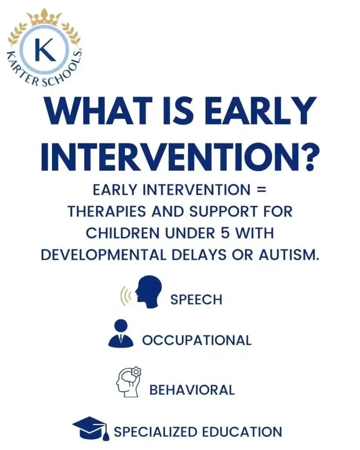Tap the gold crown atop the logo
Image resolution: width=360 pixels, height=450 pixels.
coord(46,17)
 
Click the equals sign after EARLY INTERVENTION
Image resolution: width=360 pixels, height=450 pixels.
coord(262,190)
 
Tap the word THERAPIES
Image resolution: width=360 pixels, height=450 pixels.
coord(107,211)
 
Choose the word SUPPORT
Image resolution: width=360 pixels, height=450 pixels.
coord(223,211)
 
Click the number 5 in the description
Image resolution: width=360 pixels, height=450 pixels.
coord(225,233)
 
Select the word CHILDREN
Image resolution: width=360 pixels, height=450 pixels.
coord(123,233)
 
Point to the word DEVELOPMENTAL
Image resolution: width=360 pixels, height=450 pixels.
coord(104,254)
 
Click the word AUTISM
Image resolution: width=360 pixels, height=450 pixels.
coord(289,254)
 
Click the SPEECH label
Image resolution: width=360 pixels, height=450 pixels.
coord(196,300)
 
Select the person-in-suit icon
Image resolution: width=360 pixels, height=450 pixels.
coord(121,333)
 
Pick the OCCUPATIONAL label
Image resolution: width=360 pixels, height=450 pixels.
coord(197,341)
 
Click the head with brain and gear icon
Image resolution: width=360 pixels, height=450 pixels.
coord(129,382)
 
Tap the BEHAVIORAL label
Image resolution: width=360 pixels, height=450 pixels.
coord(192,390)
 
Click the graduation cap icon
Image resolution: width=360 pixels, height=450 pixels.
coord(91,428)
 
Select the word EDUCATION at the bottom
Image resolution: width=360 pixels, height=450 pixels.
coord(242,432)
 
